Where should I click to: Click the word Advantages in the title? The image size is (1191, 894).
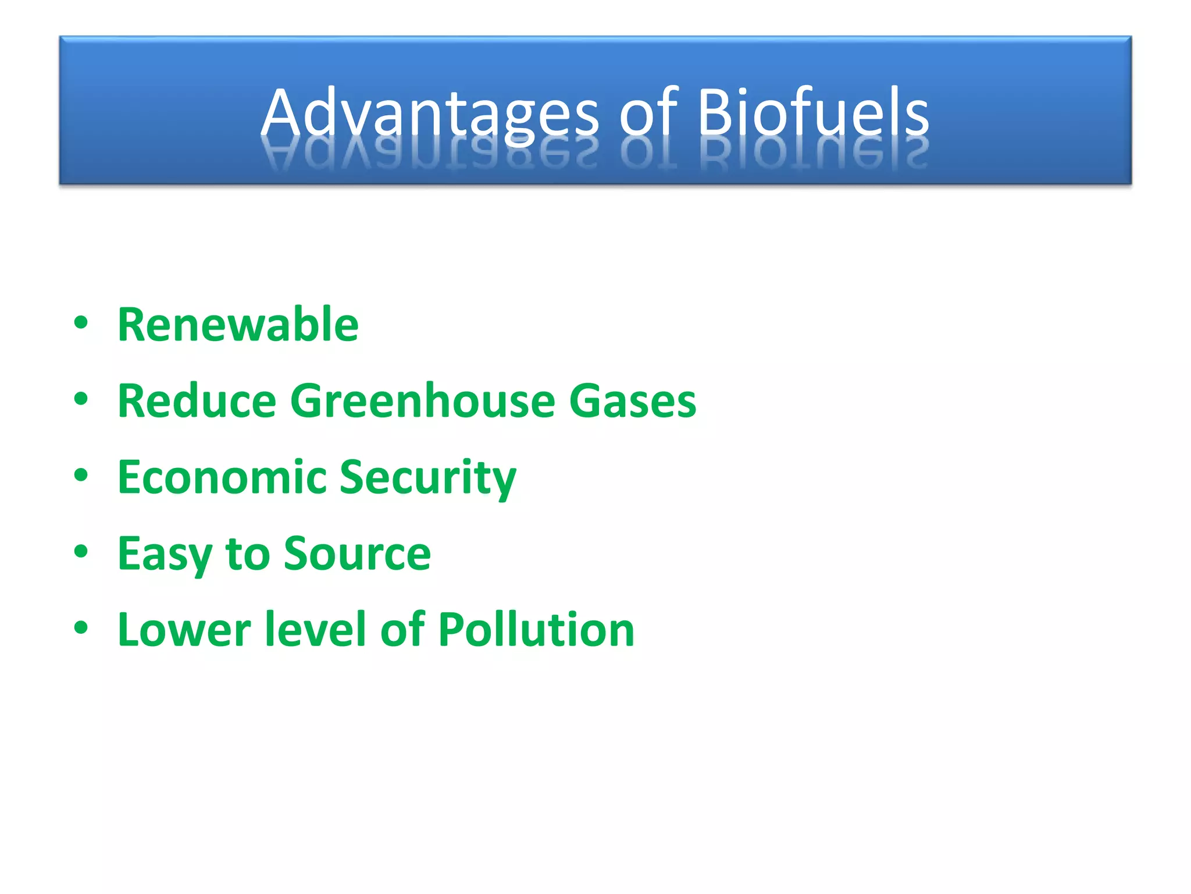point(429,112)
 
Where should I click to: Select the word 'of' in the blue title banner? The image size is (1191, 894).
point(648,112)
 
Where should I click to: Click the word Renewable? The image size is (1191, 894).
point(238,325)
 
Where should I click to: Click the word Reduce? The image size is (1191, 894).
point(197,401)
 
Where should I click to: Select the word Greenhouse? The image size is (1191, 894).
point(423,401)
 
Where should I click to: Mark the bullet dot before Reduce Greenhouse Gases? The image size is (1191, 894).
point(81,399)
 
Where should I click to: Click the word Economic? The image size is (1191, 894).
point(222,477)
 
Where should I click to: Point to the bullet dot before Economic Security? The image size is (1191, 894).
point(81,476)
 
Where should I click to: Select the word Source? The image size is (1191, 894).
point(357,554)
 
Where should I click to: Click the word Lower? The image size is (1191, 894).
point(184,630)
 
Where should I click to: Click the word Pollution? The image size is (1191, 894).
point(536,630)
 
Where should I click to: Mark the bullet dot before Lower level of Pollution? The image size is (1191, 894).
point(81,628)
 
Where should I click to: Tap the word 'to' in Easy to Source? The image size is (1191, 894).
point(248,554)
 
